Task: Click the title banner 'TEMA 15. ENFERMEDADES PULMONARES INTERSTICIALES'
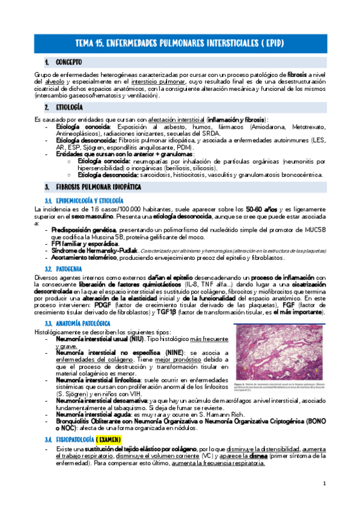180,43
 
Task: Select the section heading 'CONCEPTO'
69,62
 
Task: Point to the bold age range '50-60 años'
261,208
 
